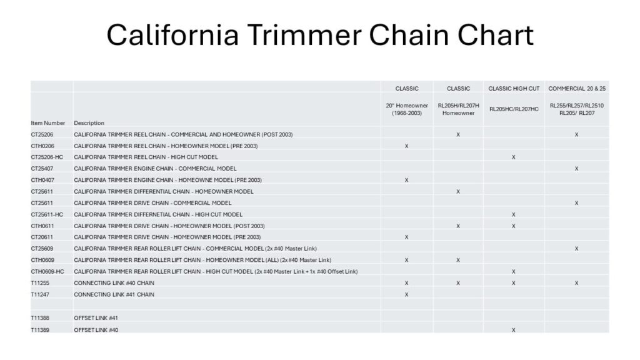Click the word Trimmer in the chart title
(304, 35)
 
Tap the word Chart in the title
(496, 35)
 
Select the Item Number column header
(47, 123)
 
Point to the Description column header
(89, 123)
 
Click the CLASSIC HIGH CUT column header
(514, 89)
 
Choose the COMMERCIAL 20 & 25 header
(577, 89)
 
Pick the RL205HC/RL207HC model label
(514, 109)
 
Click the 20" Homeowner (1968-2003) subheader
(407, 109)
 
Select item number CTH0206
(42, 146)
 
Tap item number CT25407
(42, 168)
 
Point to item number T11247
(40, 294)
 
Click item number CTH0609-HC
(47, 271)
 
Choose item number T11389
(40, 330)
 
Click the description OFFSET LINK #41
(96, 318)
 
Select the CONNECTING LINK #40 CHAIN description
(114, 283)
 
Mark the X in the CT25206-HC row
(514, 157)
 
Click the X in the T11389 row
(514, 330)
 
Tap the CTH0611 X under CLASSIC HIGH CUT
(514, 226)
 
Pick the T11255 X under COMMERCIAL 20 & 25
(576, 283)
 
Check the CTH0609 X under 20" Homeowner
(406, 260)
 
